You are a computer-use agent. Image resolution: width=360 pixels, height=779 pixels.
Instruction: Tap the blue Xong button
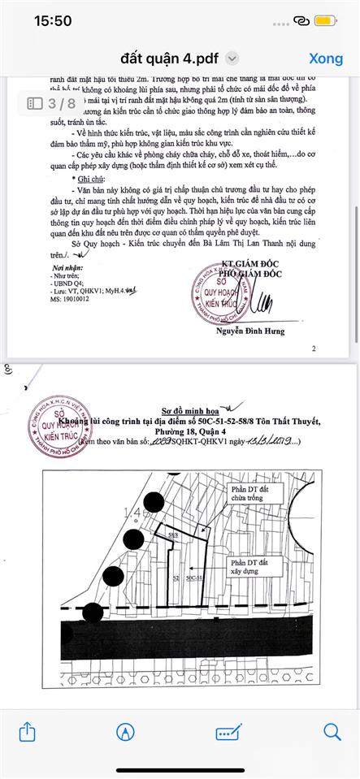pos(326,58)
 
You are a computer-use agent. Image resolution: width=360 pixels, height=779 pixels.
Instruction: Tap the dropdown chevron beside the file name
pos(232,58)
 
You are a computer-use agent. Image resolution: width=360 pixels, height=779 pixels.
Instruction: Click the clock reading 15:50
pos(53,21)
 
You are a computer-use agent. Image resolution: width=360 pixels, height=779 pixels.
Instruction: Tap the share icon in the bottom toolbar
pos(27,732)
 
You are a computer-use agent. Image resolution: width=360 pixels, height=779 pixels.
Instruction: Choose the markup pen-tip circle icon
pos(125,732)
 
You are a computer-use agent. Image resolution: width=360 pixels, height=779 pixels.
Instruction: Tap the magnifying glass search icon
pos(332,732)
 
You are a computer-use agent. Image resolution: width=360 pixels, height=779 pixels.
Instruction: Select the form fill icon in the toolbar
pos(228,732)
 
